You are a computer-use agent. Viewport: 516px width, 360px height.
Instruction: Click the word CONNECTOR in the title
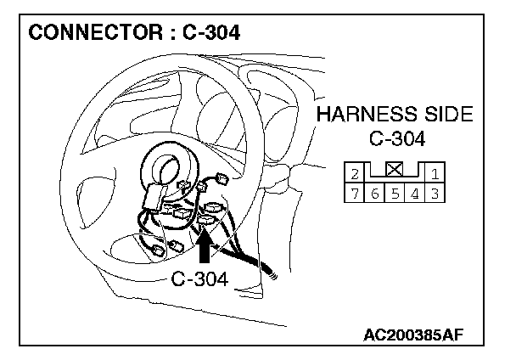95,32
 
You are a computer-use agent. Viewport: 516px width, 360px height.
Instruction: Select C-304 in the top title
211,32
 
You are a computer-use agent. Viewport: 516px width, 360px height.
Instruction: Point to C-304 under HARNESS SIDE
397,138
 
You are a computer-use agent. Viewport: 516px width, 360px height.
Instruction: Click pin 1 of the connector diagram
435,172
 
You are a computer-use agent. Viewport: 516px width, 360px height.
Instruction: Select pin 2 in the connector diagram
355,172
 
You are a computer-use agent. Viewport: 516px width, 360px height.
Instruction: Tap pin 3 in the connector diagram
435,193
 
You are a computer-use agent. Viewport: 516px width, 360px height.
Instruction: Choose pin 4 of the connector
415,193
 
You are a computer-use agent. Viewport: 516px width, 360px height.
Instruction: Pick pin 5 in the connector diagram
395,193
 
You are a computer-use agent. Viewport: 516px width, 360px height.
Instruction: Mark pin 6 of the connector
374,193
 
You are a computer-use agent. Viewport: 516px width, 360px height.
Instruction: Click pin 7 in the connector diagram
355,193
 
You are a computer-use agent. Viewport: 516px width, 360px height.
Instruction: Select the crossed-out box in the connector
395,170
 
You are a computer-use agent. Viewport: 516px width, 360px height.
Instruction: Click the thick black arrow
205,245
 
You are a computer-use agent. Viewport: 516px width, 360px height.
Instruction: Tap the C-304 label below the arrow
199,279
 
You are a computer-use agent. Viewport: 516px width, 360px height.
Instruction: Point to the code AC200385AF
413,335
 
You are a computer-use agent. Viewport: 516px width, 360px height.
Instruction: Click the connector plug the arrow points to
205,220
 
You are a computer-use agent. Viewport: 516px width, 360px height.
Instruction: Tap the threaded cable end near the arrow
272,273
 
